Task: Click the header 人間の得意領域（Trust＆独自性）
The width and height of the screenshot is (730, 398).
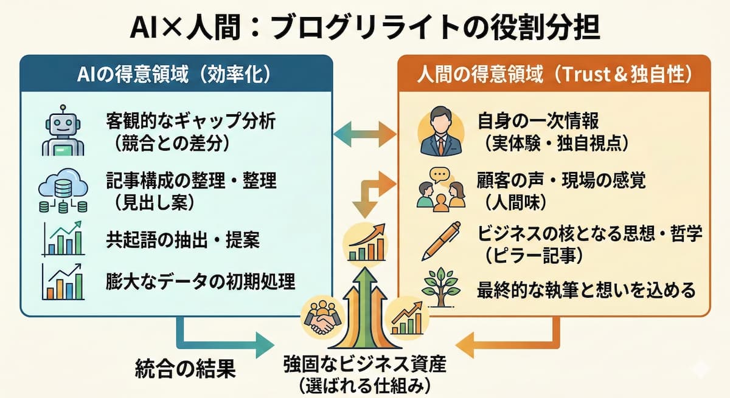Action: click(554, 74)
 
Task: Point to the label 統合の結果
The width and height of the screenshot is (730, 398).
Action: click(184, 369)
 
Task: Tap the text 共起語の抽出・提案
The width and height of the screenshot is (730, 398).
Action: click(182, 241)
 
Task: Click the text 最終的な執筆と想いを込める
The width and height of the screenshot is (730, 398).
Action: click(586, 290)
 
